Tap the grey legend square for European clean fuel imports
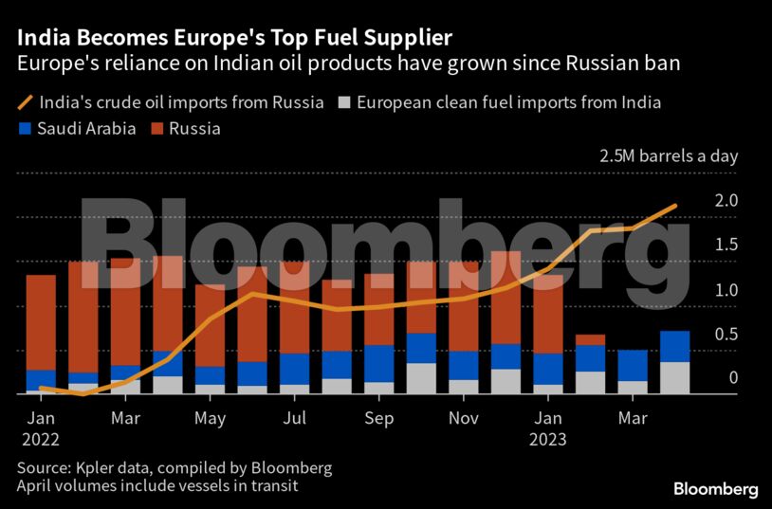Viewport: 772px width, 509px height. [346, 102]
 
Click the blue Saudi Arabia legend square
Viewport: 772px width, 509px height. [24, 128]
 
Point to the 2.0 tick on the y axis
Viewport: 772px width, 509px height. [726, 201]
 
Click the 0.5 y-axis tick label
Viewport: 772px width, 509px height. [726, 334]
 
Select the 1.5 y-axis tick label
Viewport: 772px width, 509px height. [726, 245]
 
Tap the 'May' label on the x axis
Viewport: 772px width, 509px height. [210, 418]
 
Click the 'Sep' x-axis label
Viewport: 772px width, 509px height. [378, 418]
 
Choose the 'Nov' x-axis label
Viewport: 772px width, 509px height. [463, 418]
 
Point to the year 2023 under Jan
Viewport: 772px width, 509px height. [547, 439]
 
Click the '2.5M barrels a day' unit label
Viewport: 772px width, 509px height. [668, 156]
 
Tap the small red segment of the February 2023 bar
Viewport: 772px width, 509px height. [590, 339]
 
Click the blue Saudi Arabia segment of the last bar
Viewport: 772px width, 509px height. [674, 346]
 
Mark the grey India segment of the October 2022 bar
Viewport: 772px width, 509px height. [421, 377]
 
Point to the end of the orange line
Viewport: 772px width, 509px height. [675, 205]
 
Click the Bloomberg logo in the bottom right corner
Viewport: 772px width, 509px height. [715, 489]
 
